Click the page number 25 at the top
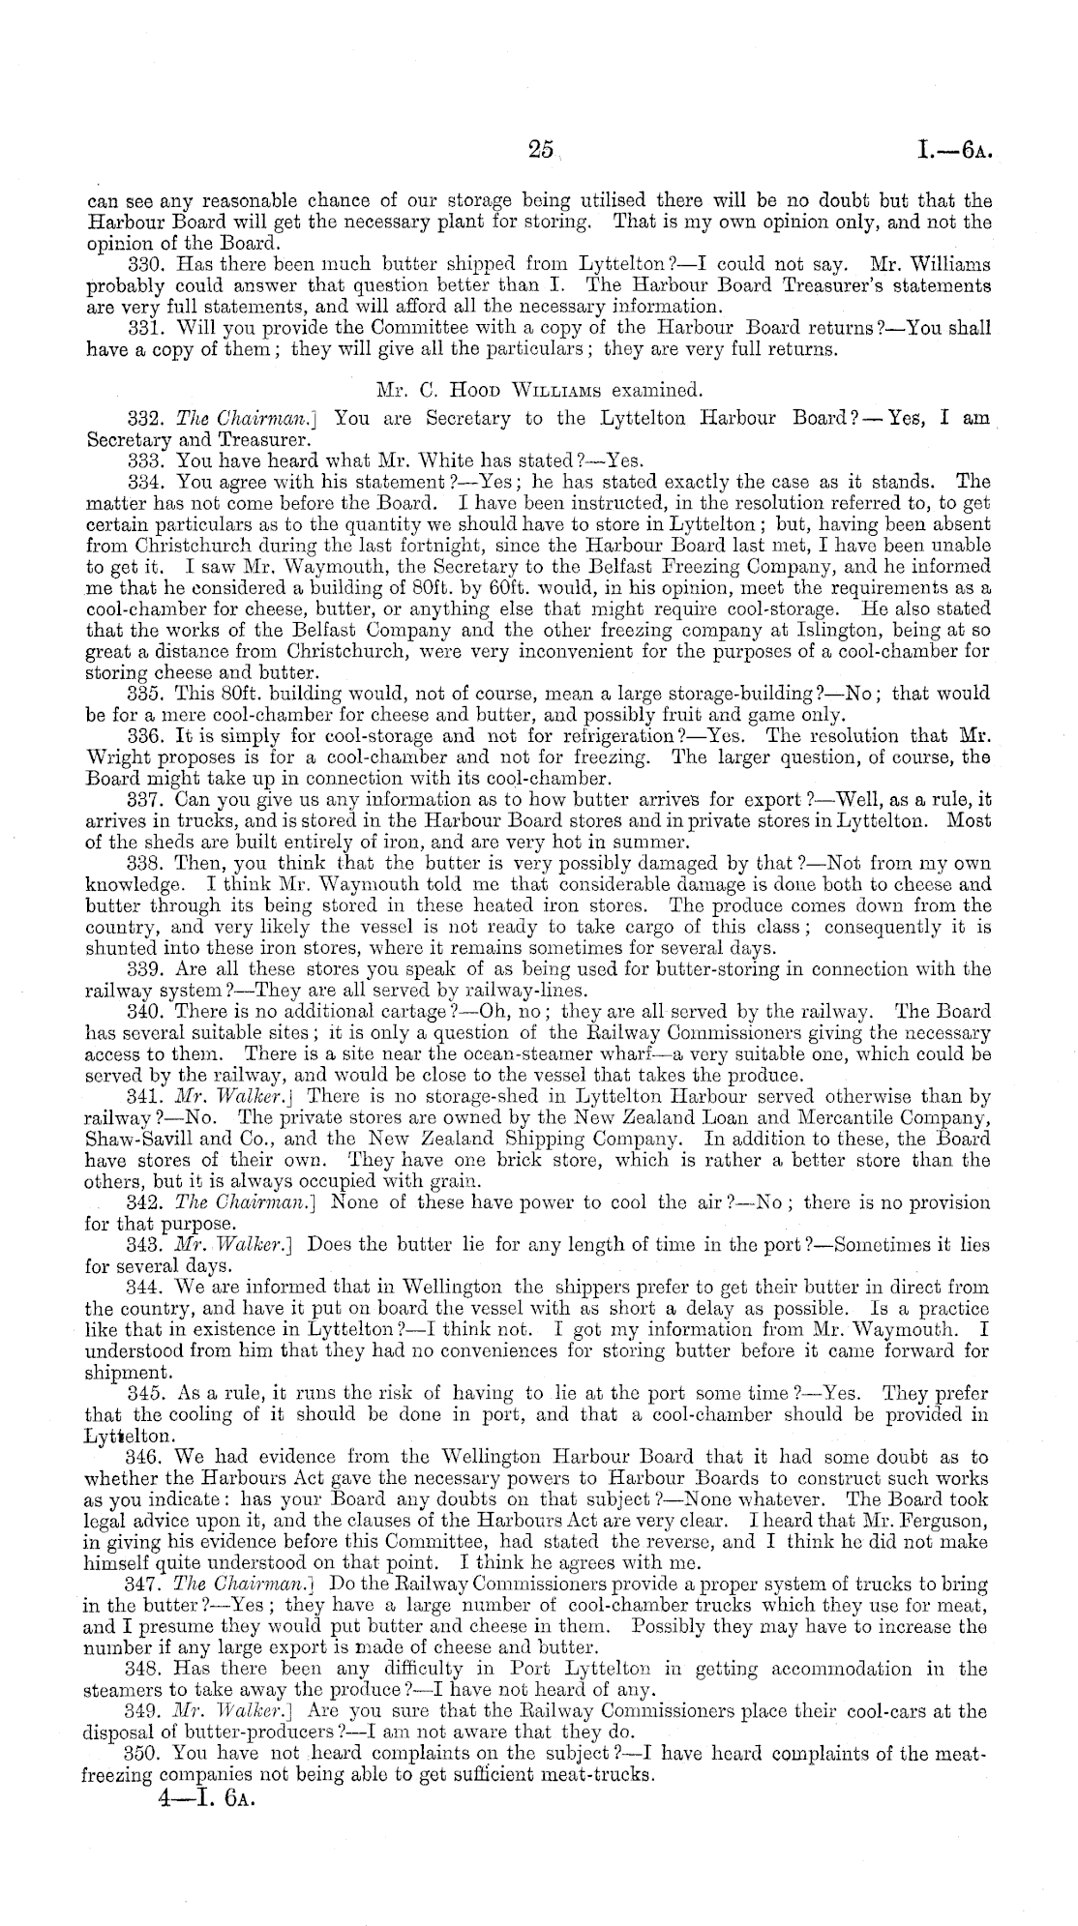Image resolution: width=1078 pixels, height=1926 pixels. (x=540, y=149)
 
